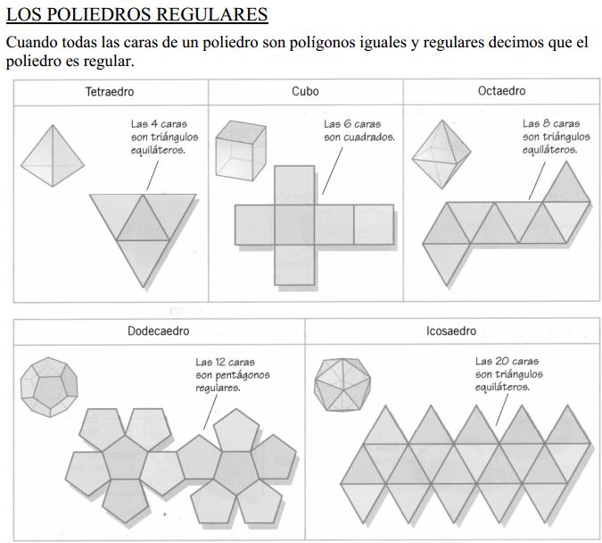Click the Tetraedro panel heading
[x=111, y=91]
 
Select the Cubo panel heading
[x=305, y=91]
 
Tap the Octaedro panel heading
[x=501, y=91]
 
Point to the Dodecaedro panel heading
[x=159, y=331]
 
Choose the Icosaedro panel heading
[x=450, y=331]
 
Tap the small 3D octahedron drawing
[x=440, y=154]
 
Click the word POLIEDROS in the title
[x=97, y=15]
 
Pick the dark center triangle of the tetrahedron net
[x=143, y=220]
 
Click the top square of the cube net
[x=294, y=184]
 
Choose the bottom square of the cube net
[x=294, y=264]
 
